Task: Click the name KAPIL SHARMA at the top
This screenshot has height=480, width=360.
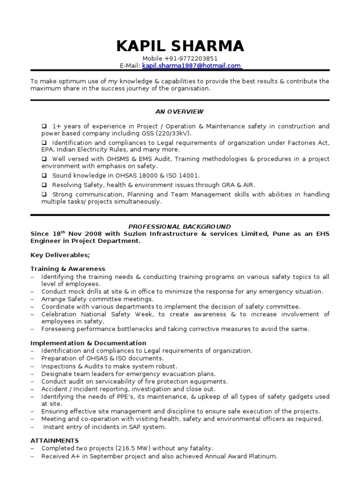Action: click(180, 46)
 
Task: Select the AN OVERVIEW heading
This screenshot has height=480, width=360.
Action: click(180, 112)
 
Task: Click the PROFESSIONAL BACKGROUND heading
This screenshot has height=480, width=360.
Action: click(180, 226)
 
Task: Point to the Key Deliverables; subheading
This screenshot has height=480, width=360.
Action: click(60, 255)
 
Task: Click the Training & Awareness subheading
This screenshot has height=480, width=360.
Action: click(68, 269)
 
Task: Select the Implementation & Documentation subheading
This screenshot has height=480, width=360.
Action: click(88, 343)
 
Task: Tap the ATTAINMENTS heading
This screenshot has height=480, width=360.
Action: click(55, 441)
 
